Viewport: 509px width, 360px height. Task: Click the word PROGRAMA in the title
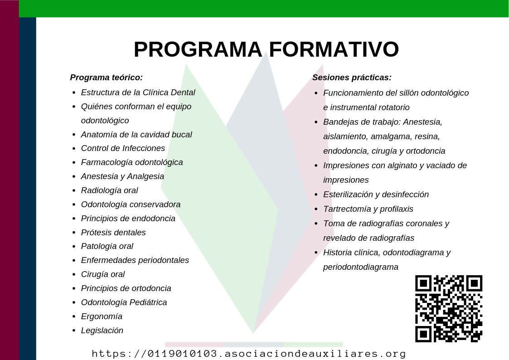(x=198, y=49)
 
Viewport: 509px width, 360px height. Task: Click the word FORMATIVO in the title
(x=334, y=49)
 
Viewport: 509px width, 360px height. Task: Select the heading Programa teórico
(x=107, y=78)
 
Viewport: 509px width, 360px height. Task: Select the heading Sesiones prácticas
(x=352, y=78)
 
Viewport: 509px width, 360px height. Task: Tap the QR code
(x=449, y=309)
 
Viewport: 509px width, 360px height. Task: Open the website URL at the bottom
(x=249, y=354)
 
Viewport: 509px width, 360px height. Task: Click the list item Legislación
(x=102, y=331)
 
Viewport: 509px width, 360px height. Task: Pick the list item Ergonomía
(x=102, y=316)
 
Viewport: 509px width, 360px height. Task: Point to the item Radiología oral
(x=109, y=190)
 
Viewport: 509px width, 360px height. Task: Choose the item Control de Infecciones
(x=123, y=148)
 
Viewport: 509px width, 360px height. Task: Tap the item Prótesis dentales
(x=113, y=233)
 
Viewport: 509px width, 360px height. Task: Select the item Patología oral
(x=107, y=246)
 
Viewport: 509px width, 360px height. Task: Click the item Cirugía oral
(x=103, y=274)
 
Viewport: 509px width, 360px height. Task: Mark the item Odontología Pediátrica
(x=124, y=302)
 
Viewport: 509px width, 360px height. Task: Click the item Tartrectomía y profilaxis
(x=368, y=209)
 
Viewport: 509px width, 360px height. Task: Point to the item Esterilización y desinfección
(x=376, y=195)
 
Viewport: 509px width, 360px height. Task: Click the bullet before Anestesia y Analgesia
(x=74, y=176)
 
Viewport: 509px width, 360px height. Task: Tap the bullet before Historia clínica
(x=316, y=253)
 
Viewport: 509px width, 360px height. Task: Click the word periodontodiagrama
(x=361, y=267)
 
